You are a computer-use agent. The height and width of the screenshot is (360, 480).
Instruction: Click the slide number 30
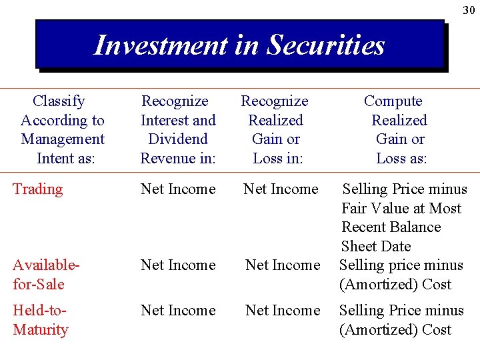469,10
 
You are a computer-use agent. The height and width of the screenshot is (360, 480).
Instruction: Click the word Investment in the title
161,45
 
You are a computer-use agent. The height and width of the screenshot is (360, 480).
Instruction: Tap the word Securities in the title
326,45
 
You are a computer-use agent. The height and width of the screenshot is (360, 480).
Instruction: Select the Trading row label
37,189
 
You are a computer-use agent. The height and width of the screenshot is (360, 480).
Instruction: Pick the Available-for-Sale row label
46,275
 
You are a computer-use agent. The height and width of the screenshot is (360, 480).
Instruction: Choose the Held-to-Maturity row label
41,320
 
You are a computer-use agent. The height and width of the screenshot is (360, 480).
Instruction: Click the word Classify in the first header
59,101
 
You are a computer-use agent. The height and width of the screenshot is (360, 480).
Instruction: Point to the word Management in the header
63,139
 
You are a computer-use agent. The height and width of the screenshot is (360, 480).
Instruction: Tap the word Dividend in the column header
178,139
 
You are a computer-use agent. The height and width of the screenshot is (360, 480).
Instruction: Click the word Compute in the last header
393,101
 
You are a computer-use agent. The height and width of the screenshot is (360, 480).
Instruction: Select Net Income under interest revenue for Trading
178,189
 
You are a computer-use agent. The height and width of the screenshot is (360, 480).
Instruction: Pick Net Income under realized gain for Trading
281,189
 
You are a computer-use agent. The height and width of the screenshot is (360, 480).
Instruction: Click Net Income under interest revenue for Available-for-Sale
178,265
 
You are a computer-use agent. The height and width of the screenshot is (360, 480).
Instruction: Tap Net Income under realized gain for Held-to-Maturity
283,311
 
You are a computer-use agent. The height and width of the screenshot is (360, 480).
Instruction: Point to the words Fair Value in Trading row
373,209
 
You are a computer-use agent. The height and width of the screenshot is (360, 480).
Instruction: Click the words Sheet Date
376,247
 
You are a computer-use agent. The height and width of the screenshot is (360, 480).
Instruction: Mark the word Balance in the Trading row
415,227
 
